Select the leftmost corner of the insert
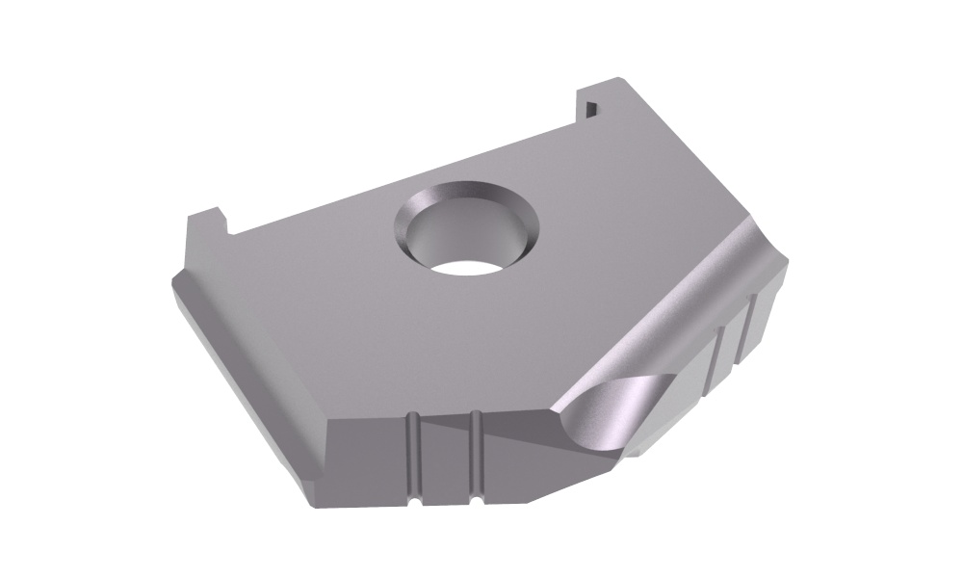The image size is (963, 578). tap(172, 279)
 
